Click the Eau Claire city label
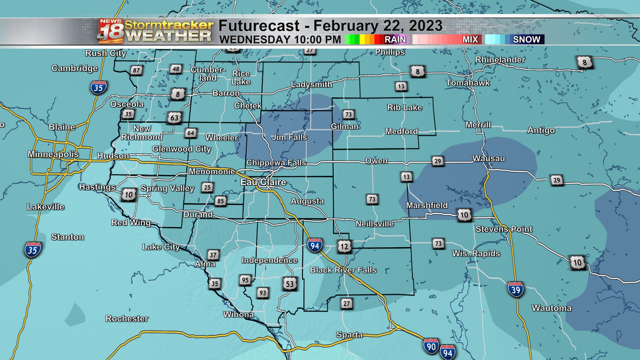coord(263,182)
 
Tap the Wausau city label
coord(489,159)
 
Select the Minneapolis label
coord(53,154)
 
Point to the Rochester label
coord(127,319)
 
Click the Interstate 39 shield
coord(516,290)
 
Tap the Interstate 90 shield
coord(431,346)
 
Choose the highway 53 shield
coord(290,284)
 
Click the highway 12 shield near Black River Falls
coord(344,247)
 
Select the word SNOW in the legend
coord(526,39)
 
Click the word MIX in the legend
coord(470,39)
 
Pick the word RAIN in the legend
coord(395,39)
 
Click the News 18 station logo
coord(111,31)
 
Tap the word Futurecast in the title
coord(259,26)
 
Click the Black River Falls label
coord(343,270)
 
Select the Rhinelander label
coord(500,60)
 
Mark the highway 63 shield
coord(174,118)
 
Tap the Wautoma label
coord(552,308)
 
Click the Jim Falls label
coord(289,137)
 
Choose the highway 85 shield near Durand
coord(220,201)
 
